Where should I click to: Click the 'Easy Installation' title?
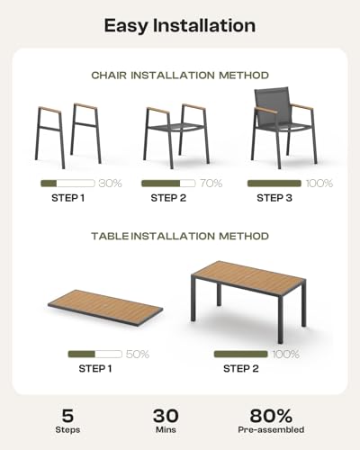click(180, 25)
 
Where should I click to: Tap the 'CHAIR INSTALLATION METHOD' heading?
click(180, 76)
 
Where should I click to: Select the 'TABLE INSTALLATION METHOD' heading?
click(180, 236)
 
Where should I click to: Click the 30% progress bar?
click(67, 183)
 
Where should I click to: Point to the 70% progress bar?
click(168, 183)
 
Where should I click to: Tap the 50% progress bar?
click(95, 354)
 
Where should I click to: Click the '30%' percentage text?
click(111, 183)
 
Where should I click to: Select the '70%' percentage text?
click(211, 183)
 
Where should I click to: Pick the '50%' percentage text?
click(138, 354)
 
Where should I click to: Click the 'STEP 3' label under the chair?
click(274, 198)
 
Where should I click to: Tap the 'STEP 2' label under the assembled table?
click(241, 368)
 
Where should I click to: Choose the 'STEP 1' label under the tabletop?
click(95, 368)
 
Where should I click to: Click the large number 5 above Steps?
click(67, 416)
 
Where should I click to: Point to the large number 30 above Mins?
click(166, 416)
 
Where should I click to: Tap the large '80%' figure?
click(271, 416)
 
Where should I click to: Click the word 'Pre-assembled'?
click(271, 429)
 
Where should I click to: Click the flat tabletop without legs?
click(105, 309)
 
